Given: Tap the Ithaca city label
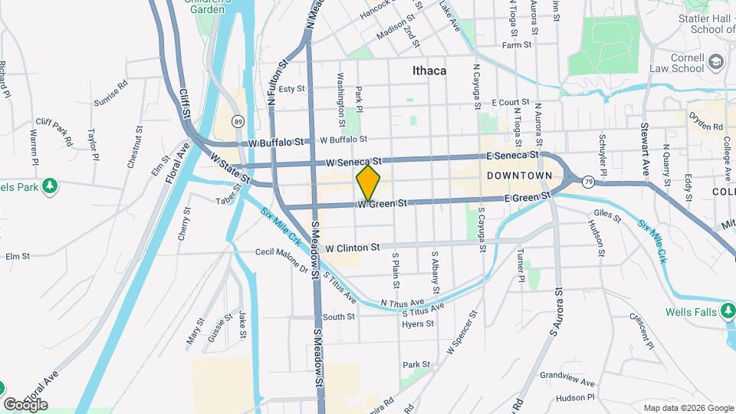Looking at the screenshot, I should point(429,71).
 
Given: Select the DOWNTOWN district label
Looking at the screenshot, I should point(519,176).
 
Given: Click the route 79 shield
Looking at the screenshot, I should point(588,181).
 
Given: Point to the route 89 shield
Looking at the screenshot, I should point(238,121).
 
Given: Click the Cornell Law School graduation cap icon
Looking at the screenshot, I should point(715,61).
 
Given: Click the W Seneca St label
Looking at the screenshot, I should point(353,163).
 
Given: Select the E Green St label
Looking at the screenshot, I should point(527,197).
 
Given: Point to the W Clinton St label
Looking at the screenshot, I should point(353,248).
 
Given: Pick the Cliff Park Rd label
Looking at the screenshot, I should point(54,132).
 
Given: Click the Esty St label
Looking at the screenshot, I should point(291,89).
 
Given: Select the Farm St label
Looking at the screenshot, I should point(516,45).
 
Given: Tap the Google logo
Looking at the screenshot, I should point(25,404).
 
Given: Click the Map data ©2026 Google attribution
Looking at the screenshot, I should point(688,408).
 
